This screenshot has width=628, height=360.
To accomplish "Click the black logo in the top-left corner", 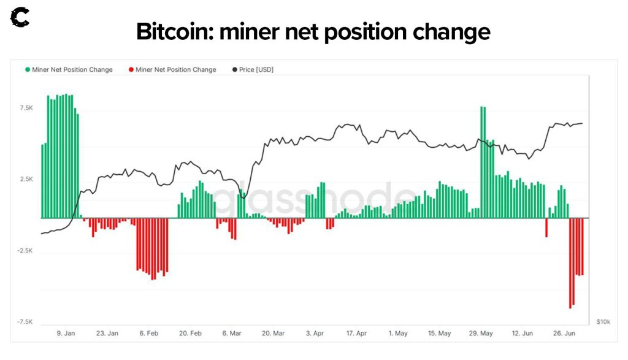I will click(x=20, y=17).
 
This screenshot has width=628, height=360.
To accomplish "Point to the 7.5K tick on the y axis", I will click(x=26, y=108).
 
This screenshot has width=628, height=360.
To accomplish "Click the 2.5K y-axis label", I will click(x=26, y=179).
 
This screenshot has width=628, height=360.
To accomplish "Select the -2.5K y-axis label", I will click(x=25, y=251).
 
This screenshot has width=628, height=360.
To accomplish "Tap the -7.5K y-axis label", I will click(x=25, y=322).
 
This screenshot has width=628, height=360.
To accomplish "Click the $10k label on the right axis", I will click(x=603, y=322).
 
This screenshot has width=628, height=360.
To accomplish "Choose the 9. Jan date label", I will click(x=66, y=334).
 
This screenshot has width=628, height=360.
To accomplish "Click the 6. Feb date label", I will click(x=149, y=334).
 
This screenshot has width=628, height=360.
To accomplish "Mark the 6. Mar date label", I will click(x=232, y=334).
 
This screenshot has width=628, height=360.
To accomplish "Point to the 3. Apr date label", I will click(x=315, y=334).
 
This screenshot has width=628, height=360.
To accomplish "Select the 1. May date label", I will click(x=398, y=334).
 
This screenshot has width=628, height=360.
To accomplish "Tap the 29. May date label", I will click(x=481, y=334).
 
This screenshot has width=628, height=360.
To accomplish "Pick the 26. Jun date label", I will click(x=564, y=334).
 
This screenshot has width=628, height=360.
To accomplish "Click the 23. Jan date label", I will click(x=107, y=334).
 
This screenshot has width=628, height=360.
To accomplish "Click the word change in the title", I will click(x=450, y=31).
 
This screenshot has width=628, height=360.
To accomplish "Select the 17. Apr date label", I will click(x=356, y=334).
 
